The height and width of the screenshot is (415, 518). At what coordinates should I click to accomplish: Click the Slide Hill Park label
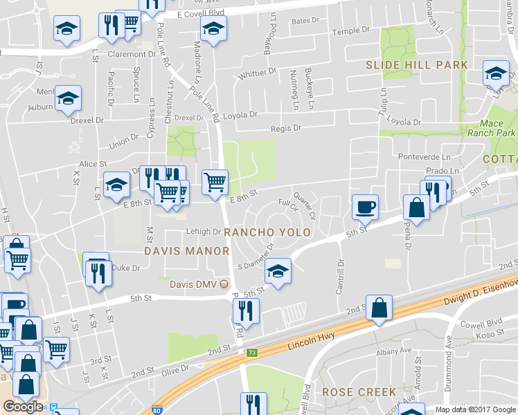417,64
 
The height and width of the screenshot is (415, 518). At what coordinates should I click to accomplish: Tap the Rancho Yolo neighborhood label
267,232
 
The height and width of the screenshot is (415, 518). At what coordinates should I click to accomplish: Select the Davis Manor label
186,250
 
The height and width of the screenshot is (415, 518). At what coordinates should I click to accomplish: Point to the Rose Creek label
358,392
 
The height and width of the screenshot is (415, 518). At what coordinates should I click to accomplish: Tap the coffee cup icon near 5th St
365,206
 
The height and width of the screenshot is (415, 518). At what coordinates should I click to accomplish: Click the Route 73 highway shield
251,352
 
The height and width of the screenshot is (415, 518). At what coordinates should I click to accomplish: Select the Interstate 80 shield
157,410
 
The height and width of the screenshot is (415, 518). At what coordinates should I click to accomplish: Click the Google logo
23,407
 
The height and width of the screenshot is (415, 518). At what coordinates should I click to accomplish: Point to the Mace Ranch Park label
501,127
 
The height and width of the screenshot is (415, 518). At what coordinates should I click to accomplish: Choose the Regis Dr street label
287,128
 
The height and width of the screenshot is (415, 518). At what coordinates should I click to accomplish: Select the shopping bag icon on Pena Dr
417,206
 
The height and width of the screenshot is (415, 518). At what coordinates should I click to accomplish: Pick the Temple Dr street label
351,31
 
